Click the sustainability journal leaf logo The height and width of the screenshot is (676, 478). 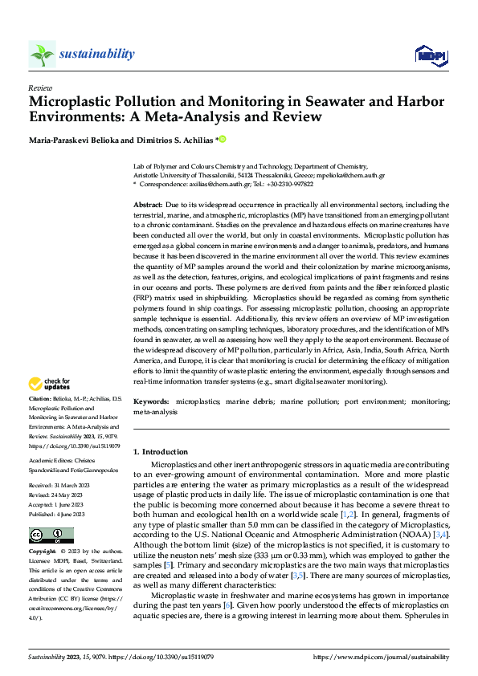click(42, 54)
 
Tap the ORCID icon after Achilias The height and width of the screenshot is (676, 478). click(223, 139)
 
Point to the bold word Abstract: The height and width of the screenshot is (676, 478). click(148, 206)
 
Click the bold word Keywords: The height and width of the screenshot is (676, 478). click(151, 400)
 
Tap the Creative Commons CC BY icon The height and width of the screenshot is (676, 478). click(52, 536)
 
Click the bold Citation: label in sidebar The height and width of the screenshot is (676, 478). click(40, 398)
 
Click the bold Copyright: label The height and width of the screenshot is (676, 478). click(43, 552)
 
